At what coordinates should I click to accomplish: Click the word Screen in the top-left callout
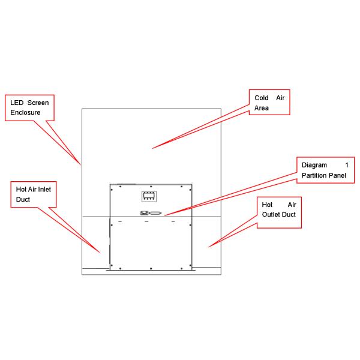coord(38,103)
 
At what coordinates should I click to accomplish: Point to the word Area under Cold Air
coord(261,108)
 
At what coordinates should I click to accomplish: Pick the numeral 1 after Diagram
coord(346,164)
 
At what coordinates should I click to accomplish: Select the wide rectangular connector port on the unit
coord(155,213)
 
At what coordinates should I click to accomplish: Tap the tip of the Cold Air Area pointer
coord(152,148)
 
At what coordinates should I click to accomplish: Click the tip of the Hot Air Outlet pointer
coord(208,247)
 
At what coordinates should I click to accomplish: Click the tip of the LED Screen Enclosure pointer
coord(81,164)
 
